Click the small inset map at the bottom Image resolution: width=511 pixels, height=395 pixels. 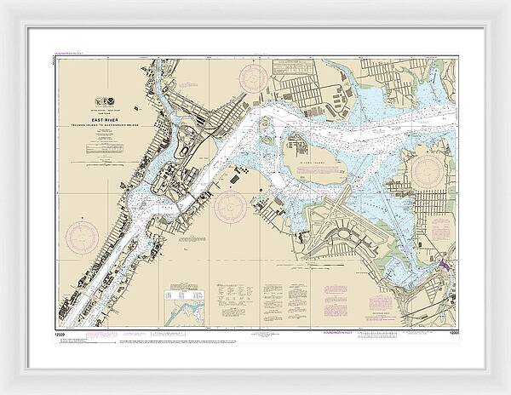(x=187, y=306)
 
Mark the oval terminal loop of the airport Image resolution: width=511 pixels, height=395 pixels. (x=347, y=232)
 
